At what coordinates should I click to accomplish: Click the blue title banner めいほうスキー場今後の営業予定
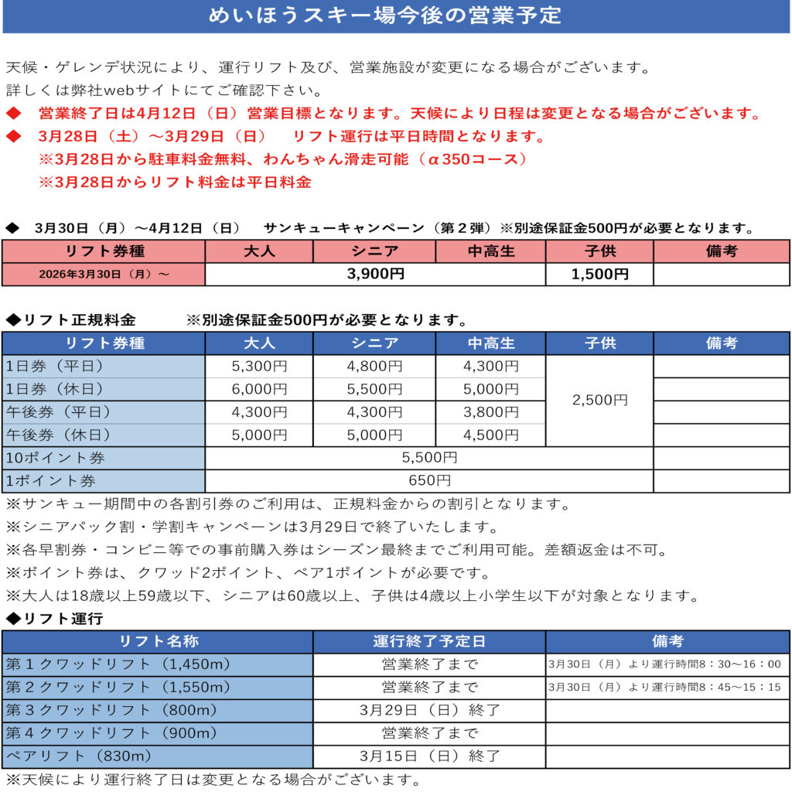point(395,16)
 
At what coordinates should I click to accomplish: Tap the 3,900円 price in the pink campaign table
point(375,274)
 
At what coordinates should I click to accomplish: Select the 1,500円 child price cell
point(599,274)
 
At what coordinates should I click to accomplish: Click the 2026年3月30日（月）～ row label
point(104,275)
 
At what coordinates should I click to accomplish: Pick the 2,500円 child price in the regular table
point(599,400)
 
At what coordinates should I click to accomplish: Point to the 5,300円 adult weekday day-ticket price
point(259,366)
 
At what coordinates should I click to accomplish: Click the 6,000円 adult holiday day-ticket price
point(259,389)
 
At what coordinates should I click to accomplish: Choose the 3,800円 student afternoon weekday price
point(490,412)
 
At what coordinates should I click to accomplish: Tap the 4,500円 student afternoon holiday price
point(490,435)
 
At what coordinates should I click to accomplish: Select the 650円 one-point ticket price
point(429,480)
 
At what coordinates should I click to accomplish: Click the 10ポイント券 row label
point(56,458)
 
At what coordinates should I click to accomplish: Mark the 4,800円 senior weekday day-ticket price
point(374,366)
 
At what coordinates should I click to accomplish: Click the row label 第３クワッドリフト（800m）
point(112,710)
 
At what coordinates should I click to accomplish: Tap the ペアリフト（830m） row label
point(79,756)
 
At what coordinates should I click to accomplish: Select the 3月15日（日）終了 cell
point(429,756)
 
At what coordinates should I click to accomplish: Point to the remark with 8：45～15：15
point(664,687)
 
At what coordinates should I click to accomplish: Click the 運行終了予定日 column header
point(429,641)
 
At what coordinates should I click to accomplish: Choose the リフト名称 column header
point(158,641)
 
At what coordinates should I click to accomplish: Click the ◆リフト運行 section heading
point(54,619)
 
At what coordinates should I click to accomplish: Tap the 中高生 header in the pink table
point(490,251)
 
